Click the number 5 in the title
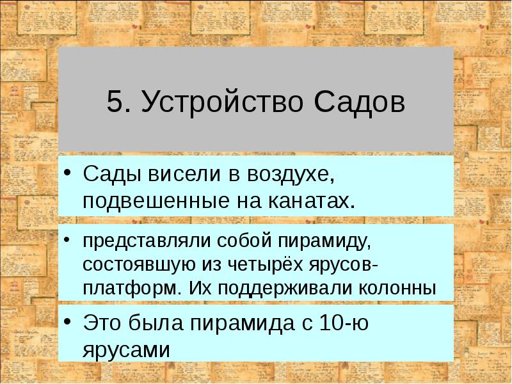(x=115, y=102)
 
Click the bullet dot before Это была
(x=68, y=323)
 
